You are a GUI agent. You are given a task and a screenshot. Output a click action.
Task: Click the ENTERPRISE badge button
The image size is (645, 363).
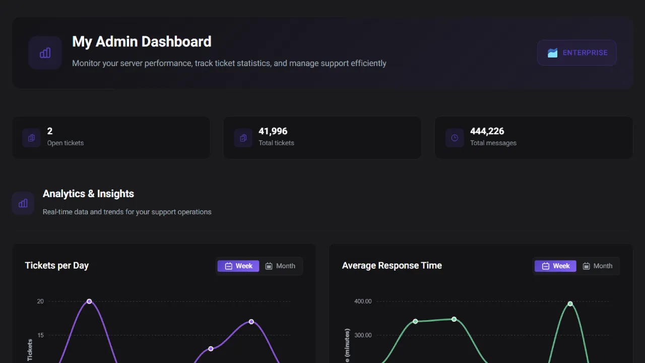click(x=576, y=53)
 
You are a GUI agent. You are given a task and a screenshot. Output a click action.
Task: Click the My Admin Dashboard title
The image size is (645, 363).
click(x=142, y=41)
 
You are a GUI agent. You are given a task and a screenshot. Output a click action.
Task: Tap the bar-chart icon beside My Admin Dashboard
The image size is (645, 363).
click(x=45, y=52)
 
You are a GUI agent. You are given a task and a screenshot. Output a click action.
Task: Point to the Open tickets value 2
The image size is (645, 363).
click(x=50, y=131)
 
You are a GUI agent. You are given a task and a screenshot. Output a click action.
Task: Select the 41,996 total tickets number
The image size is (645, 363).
click(x=273, y=131)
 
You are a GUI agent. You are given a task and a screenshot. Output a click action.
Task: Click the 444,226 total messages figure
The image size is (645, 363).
click(x=487, y=131)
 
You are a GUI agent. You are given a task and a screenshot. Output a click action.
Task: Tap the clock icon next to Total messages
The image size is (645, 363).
click(x=455, y=138)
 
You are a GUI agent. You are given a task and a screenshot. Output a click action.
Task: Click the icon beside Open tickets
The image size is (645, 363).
click(x=31, y=138)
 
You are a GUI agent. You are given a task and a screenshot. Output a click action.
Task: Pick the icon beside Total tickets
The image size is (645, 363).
click(x=243, y=138)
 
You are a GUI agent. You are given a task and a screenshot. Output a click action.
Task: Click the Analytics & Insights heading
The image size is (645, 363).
click(x=88, y=194)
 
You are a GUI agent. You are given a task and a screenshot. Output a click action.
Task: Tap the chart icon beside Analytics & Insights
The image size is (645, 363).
click(x=23, y=203)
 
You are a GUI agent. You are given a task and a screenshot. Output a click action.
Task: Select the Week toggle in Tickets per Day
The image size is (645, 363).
click(x=238, y=266)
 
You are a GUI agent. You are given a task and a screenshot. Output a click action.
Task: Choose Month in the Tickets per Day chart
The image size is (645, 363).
click(x=281, y=266)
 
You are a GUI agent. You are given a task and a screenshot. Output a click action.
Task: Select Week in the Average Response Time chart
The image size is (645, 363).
click(x=555, y=266)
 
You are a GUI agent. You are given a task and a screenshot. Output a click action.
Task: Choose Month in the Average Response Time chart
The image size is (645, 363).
click(x=598, y=266)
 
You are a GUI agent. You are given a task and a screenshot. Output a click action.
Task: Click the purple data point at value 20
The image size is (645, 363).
click(x=89, y=301)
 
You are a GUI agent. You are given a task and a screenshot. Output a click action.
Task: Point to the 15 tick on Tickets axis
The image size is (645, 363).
click(x=40, y=335)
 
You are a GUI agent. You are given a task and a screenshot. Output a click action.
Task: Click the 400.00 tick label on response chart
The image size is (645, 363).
click(x=363, y=301)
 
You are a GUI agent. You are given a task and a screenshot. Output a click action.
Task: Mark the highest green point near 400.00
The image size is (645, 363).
click(x=570, y=304)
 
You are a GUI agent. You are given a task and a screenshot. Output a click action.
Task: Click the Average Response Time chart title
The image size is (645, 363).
click(x=392, y=266)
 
